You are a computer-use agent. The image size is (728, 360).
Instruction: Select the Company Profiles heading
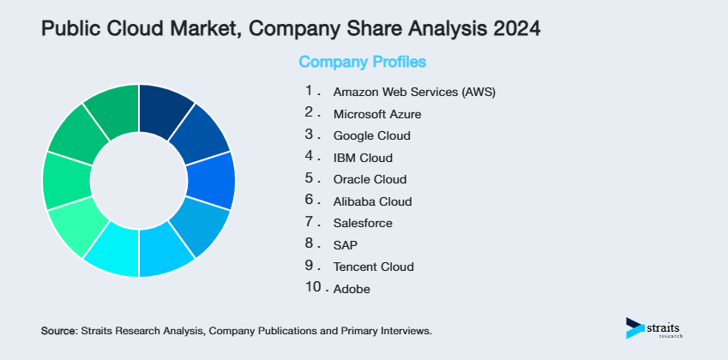click(362, 62)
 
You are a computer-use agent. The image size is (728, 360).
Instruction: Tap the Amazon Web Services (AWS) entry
click(414, 92)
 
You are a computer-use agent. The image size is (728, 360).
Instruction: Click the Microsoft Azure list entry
click(377, 113)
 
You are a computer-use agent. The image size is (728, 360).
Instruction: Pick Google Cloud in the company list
click(371, 135)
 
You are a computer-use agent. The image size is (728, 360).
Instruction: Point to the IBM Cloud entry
click(363, 158)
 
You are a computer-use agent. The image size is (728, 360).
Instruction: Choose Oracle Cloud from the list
click(370, 179)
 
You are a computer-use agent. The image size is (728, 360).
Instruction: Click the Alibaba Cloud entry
click(372, 201)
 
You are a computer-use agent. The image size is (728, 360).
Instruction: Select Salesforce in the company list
click(363, 223)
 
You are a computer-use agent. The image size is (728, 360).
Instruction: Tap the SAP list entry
click(345, 245)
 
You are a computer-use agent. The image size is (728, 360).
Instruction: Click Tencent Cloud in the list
click(373, 267)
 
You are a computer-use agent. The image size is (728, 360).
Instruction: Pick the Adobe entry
click(352, 289)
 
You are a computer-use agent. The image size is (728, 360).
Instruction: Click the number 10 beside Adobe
click(313, 287)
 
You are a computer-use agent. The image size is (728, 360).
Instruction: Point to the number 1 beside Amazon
click(309, 90)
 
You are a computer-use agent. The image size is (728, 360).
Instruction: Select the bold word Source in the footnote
click(58, 330)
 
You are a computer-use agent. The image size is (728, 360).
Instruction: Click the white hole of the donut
click(138, 180)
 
